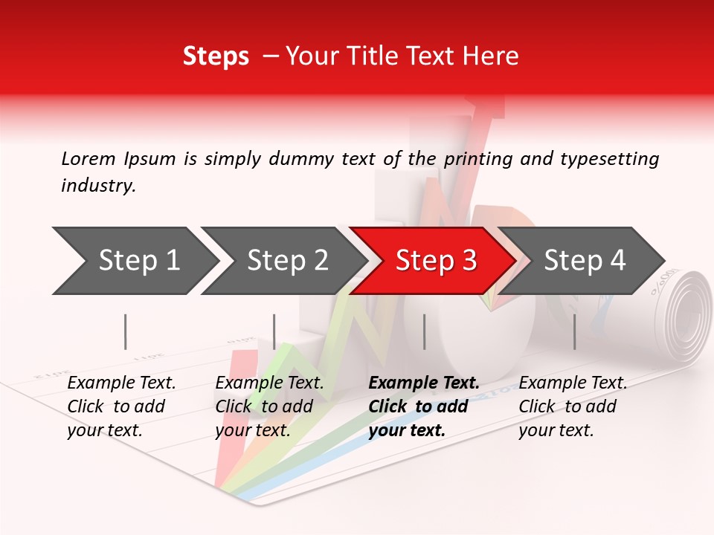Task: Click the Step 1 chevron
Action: [134, 261]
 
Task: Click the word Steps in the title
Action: [216, 56]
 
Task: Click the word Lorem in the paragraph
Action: [89, 159]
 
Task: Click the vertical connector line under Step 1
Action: [126, 331]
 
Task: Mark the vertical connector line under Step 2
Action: [274, 331]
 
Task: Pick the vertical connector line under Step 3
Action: [424, 331]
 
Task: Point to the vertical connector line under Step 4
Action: [574, 331]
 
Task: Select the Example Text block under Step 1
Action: [121, 406]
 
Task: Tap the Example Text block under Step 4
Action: [573, 406]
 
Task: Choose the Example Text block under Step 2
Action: [269, 406]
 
